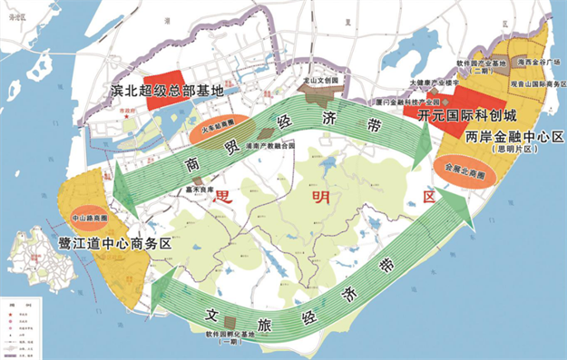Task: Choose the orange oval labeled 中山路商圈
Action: tap(87, 218)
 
